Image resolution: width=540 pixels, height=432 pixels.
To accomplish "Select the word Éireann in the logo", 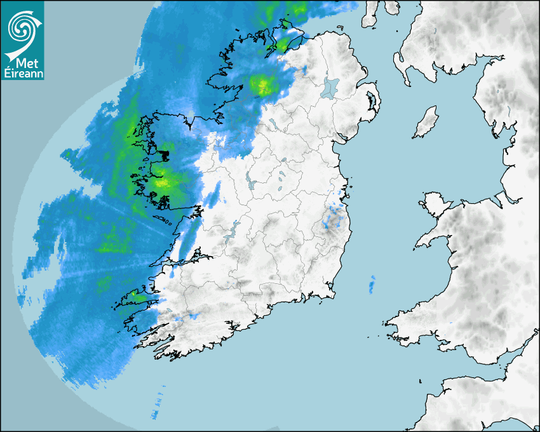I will pyautogui.click(x=23, y=74).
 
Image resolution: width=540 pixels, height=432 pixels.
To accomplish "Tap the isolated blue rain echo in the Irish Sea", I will pyautogui.click(x=372, y=284).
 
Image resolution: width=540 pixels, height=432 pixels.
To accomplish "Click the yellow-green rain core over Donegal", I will pyautogui.click(x=262, y=84).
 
